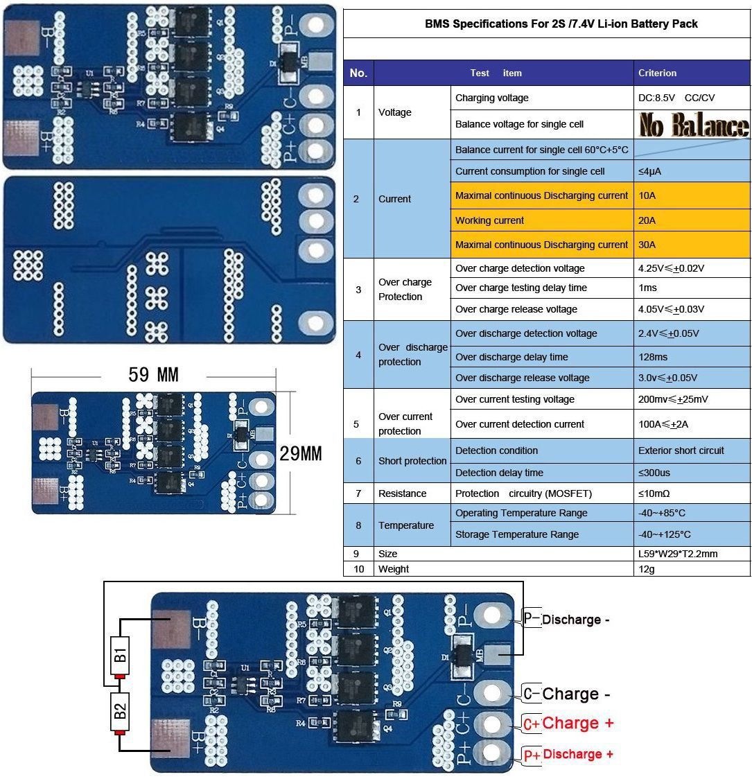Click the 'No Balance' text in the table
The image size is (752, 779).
pyautogui.click(x=694, y=125)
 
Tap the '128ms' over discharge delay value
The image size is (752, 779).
pyautogui.click(x=653, y=357)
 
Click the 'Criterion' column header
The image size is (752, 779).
pyautogui.click(x=657, y=73)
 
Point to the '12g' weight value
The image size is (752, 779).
pyautogui.click(x=647, y=569)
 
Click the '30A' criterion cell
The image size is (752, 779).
pyautogui.click(x=647, y=245)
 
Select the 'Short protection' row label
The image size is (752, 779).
pyautogui.click(x=412, y=461)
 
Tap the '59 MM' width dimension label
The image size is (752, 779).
pyautogui.click(x=153, y=375)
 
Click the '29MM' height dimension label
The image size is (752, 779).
pyautogui.click(x=301, y=454)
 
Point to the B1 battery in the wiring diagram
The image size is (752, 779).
pyautogui.click(x=120, y=654)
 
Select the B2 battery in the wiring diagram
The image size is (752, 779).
pyautogui.click(x=120, y=710)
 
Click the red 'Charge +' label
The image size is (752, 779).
pyautogui.click(x=578, y=724)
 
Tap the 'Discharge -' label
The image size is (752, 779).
pyautogui.click(x=575, y=620)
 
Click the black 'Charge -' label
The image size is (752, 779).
pyautogui.click(x=570, y=694)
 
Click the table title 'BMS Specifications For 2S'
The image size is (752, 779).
pyautogui.click(x=561, y=24)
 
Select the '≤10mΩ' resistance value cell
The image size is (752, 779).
pyautogui.click(x=654, y=493)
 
